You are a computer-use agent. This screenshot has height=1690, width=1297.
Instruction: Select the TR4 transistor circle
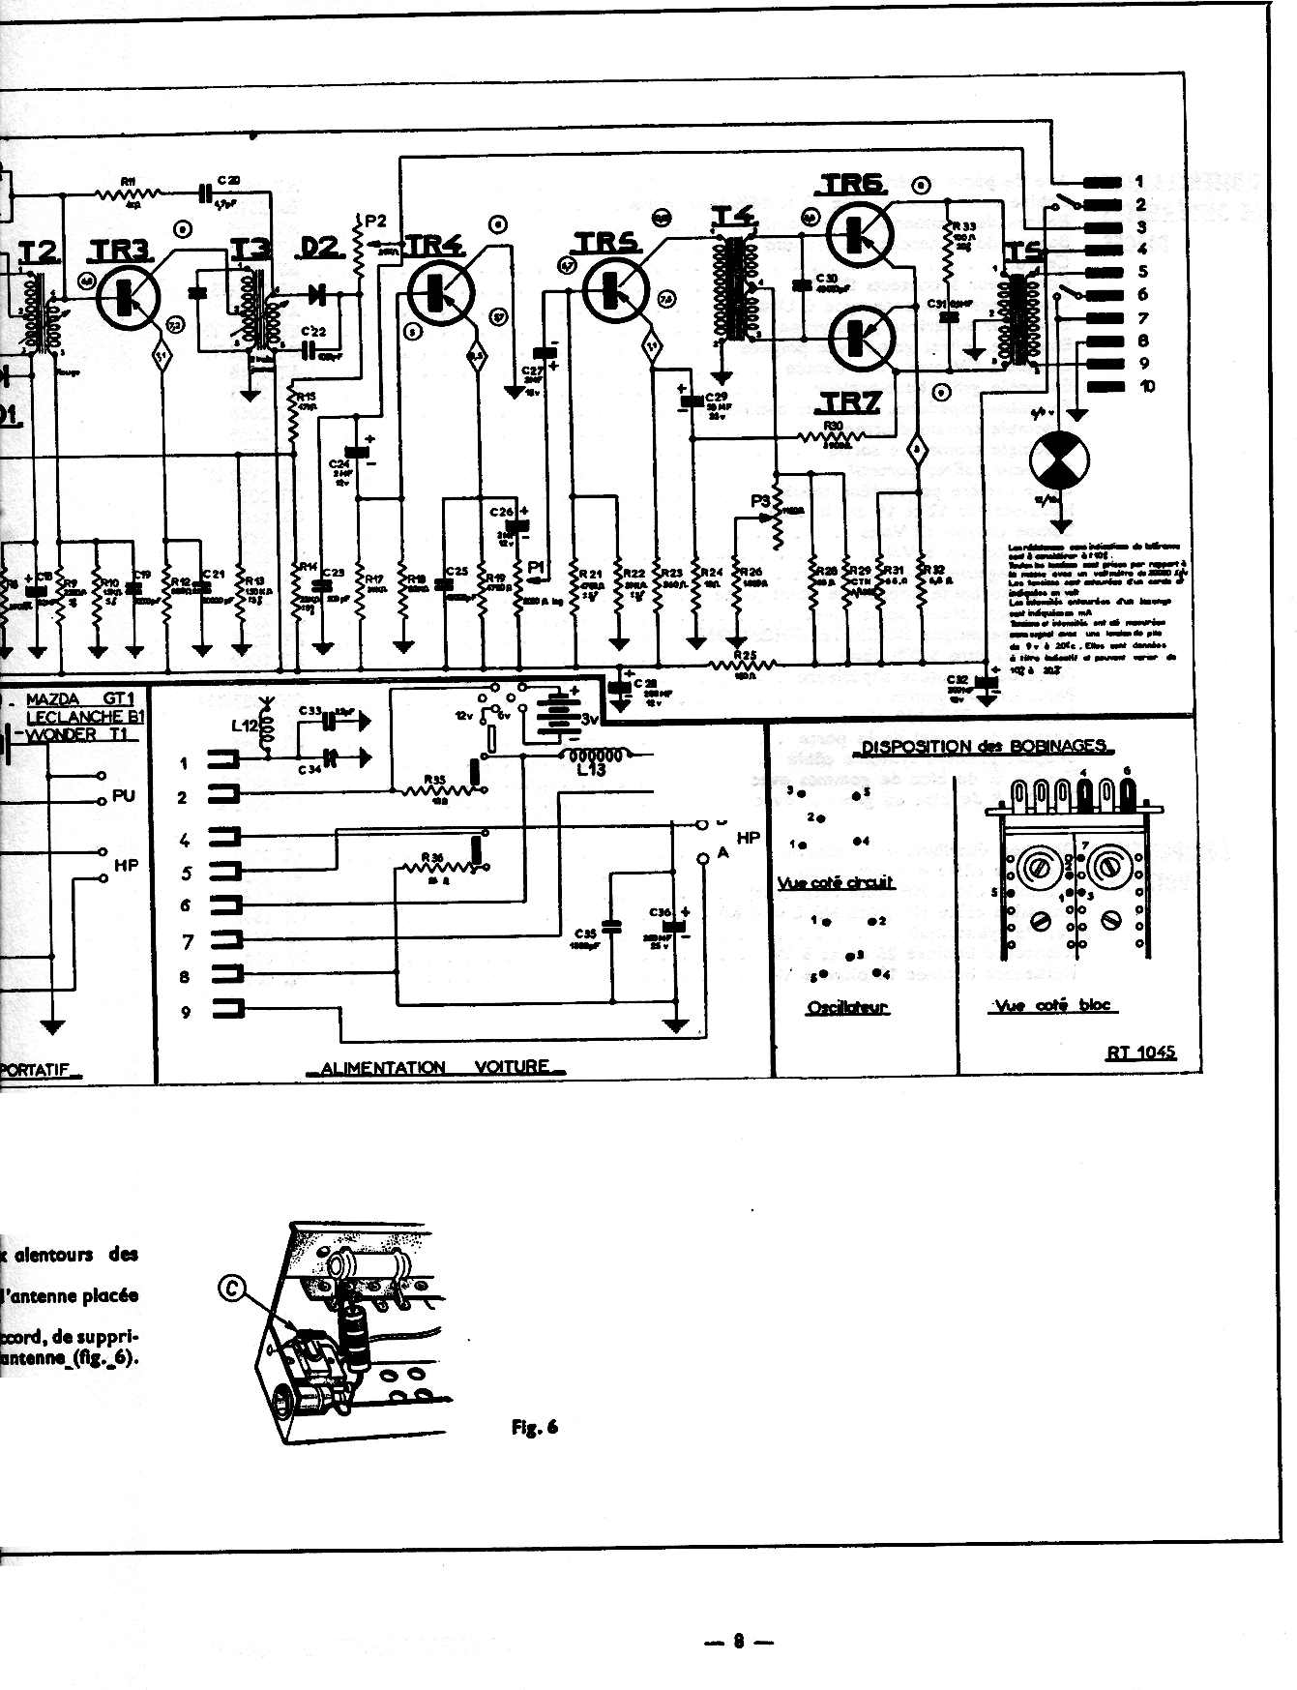(x=440, y=292)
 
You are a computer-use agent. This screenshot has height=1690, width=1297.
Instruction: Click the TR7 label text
(x=850, y=402)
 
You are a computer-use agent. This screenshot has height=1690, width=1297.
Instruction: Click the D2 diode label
(x=320, y=248)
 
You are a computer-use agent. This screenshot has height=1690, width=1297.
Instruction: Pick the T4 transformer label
(x=734, y=216)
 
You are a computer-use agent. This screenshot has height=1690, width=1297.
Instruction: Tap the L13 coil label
(x=590, y=770)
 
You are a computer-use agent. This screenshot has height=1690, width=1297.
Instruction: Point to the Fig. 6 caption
(x=534, y=1427)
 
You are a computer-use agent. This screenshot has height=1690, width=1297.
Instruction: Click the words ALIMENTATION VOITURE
(x=435, y=1067)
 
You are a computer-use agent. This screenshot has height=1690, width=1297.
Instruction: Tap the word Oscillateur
(x=847, y=1008)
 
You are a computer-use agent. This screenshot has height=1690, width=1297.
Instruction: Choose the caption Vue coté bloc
(x=1052, y=1005)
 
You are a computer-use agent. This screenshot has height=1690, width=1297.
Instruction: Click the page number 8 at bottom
(x=738, y=1641)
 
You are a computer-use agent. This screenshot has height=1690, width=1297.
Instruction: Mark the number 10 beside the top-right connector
(x=1147, y=387)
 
